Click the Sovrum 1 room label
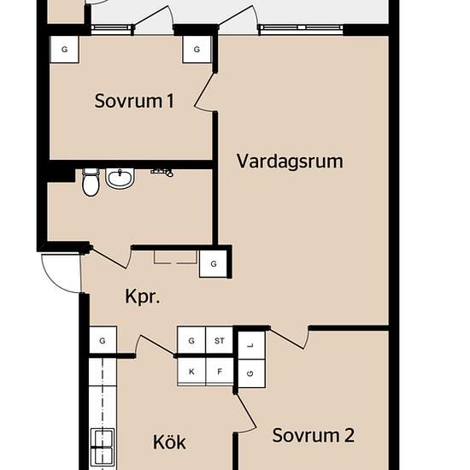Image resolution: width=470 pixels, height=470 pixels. pyautogui.click(x=134, y=102)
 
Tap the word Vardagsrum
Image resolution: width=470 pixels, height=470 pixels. pyautogui.click(x=291, y=161)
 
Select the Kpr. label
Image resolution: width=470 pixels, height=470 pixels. pyautogui.click(x=144, y=297)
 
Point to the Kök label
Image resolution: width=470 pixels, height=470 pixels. pyautogui.click(x=169, y=443)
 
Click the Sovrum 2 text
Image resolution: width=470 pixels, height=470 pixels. pyautogui.click(x=313, y=435)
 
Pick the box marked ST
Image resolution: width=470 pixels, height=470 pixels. pyautogui.click(x=220, y=341)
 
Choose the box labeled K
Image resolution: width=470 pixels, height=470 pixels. pyautogui.click(x=191, y=371)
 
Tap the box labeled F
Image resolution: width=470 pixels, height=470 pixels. pyautogui.click(x=220, y=371)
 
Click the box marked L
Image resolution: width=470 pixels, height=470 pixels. pyautogui.click(x=250, y=344)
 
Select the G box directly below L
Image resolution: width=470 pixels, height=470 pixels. pyautogui.click(x=250, y=373)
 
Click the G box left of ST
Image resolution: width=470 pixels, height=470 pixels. pyautogui.click(x=191, y=341)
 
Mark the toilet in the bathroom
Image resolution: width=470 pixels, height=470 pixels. pyautogui.click(x=90, y=182)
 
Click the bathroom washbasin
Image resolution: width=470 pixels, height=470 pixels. pyautogui.click(x=120, y=179)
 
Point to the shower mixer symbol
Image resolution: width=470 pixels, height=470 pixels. pyautogui.click(x=162, y=172)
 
